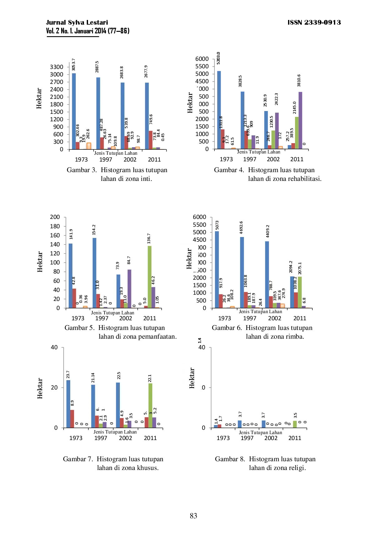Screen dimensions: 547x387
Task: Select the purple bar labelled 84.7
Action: point(130,289)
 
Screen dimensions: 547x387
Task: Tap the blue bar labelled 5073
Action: point(217,269)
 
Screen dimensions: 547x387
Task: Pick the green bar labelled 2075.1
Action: point(300,292)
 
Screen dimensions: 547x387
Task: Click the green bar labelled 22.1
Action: point(150,405)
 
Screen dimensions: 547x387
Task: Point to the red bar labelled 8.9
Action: point(72,419)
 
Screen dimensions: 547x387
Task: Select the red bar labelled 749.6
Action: point(150,140)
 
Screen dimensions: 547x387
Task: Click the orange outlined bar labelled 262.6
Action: point(89,146)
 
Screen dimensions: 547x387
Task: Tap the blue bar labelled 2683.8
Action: point(123,116)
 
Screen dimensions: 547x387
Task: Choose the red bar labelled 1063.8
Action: point(246,300)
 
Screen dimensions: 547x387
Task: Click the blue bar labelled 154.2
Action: point(94,273)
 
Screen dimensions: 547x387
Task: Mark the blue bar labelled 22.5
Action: point(118,405)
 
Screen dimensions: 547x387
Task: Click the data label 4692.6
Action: point(241,228)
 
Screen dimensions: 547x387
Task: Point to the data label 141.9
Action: point(71,234)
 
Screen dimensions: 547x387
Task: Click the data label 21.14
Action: point(93,378)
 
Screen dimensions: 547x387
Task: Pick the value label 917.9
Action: point(221,283)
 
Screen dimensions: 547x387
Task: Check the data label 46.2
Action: point(153,280)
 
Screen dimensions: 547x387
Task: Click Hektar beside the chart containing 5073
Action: point(189,259)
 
